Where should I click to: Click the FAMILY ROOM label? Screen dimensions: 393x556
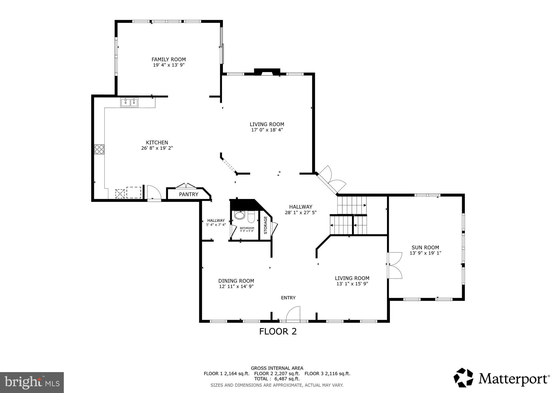(x=169, y=59)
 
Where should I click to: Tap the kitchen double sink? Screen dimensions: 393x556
(x=129, y=103)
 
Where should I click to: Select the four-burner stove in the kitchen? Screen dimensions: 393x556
(x=99, y=150)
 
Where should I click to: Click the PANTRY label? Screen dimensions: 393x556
(x=188, y=194)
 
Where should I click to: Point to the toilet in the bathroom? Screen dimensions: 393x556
(x=251, y=217)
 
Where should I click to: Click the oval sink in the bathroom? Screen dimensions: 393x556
(x=239, y=215)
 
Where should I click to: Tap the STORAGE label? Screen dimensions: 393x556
(x=266, y=225)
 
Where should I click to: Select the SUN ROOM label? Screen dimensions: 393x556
(x=425, y=247)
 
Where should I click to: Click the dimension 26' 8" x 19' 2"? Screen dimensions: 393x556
(x=157, y=148)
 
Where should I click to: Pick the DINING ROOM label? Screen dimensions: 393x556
(x=236, y=281)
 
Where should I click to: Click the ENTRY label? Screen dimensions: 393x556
(x=288, y=298)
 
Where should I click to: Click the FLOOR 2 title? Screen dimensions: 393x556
(x=278, y=331)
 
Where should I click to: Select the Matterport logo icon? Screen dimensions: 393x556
(x=463, y=378)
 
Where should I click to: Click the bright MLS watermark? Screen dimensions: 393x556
(x=32, y=382)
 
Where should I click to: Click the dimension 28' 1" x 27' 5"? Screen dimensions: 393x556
(x=301, y=213)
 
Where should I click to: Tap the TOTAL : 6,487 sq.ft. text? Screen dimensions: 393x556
(x=277, y=379)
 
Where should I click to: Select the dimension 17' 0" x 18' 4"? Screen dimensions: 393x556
(x=267, y=130)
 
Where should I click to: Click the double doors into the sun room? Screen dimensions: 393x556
(x=394, y=265)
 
